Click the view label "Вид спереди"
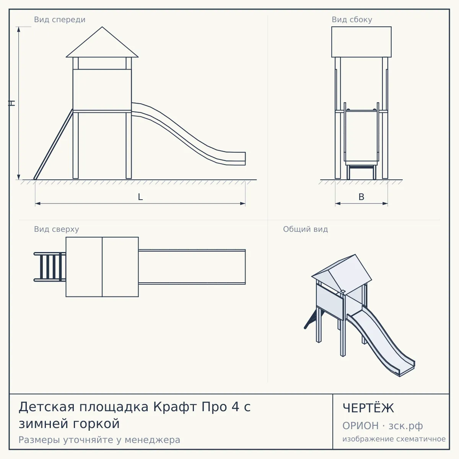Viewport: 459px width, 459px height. coord(60,20)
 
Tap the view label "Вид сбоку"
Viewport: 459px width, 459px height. coord(352,20)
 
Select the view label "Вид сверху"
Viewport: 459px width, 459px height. coord(57,229)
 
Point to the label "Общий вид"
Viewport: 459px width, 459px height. coord(305,229)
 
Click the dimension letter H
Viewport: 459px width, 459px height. coord(12,103)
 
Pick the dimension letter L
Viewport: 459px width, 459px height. coord(140,197)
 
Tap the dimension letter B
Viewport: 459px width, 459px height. coord(361,197)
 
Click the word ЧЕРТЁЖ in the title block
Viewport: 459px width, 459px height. coord(368,408)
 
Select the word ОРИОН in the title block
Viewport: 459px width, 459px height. coord(360,426)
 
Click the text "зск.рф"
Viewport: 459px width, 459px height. coord(406,426)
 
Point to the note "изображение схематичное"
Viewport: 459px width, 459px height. coord(394,439)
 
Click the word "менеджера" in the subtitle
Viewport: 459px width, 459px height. coord(153,440)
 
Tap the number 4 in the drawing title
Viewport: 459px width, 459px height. coord(235,407)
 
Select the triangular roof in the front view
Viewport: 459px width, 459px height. coord(102,42)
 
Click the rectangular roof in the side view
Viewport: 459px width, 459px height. coord(361,42)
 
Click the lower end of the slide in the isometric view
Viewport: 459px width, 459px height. coord(407,371)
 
